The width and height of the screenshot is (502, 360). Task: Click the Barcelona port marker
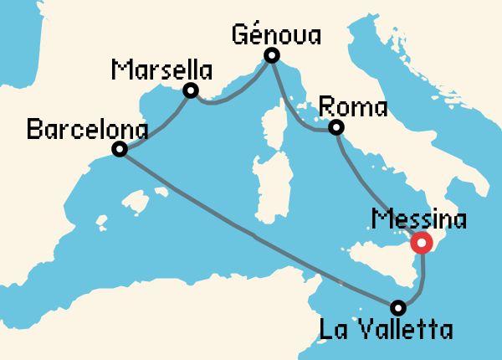click(x=120, y=150)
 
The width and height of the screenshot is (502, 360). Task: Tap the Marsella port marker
click(x=191, y=90)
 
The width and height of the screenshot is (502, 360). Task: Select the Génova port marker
click(x=271, y=56)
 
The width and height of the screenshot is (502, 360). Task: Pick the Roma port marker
click(x=336, y=128)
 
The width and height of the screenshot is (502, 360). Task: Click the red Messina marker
click(x=421, y=244)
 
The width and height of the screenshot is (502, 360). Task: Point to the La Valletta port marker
click(x=398, y=306)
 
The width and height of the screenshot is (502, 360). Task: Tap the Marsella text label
click(x=161, y=69)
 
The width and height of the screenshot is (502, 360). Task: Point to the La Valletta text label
click(x=386, y=329)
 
